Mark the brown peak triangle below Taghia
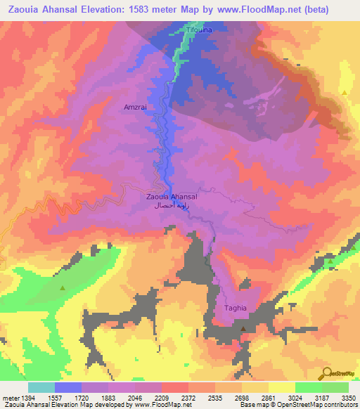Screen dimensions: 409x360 [243, 329]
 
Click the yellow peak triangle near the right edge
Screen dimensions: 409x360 [345, 93]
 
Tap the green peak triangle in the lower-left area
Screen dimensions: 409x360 [63, 288]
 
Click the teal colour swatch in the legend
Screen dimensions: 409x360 [41, 387]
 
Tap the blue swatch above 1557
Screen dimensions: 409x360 [67, 387]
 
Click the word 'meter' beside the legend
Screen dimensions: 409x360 [9, 398]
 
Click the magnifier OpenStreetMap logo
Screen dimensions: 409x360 [327, 372]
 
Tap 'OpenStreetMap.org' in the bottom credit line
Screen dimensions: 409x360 [328, 405]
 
